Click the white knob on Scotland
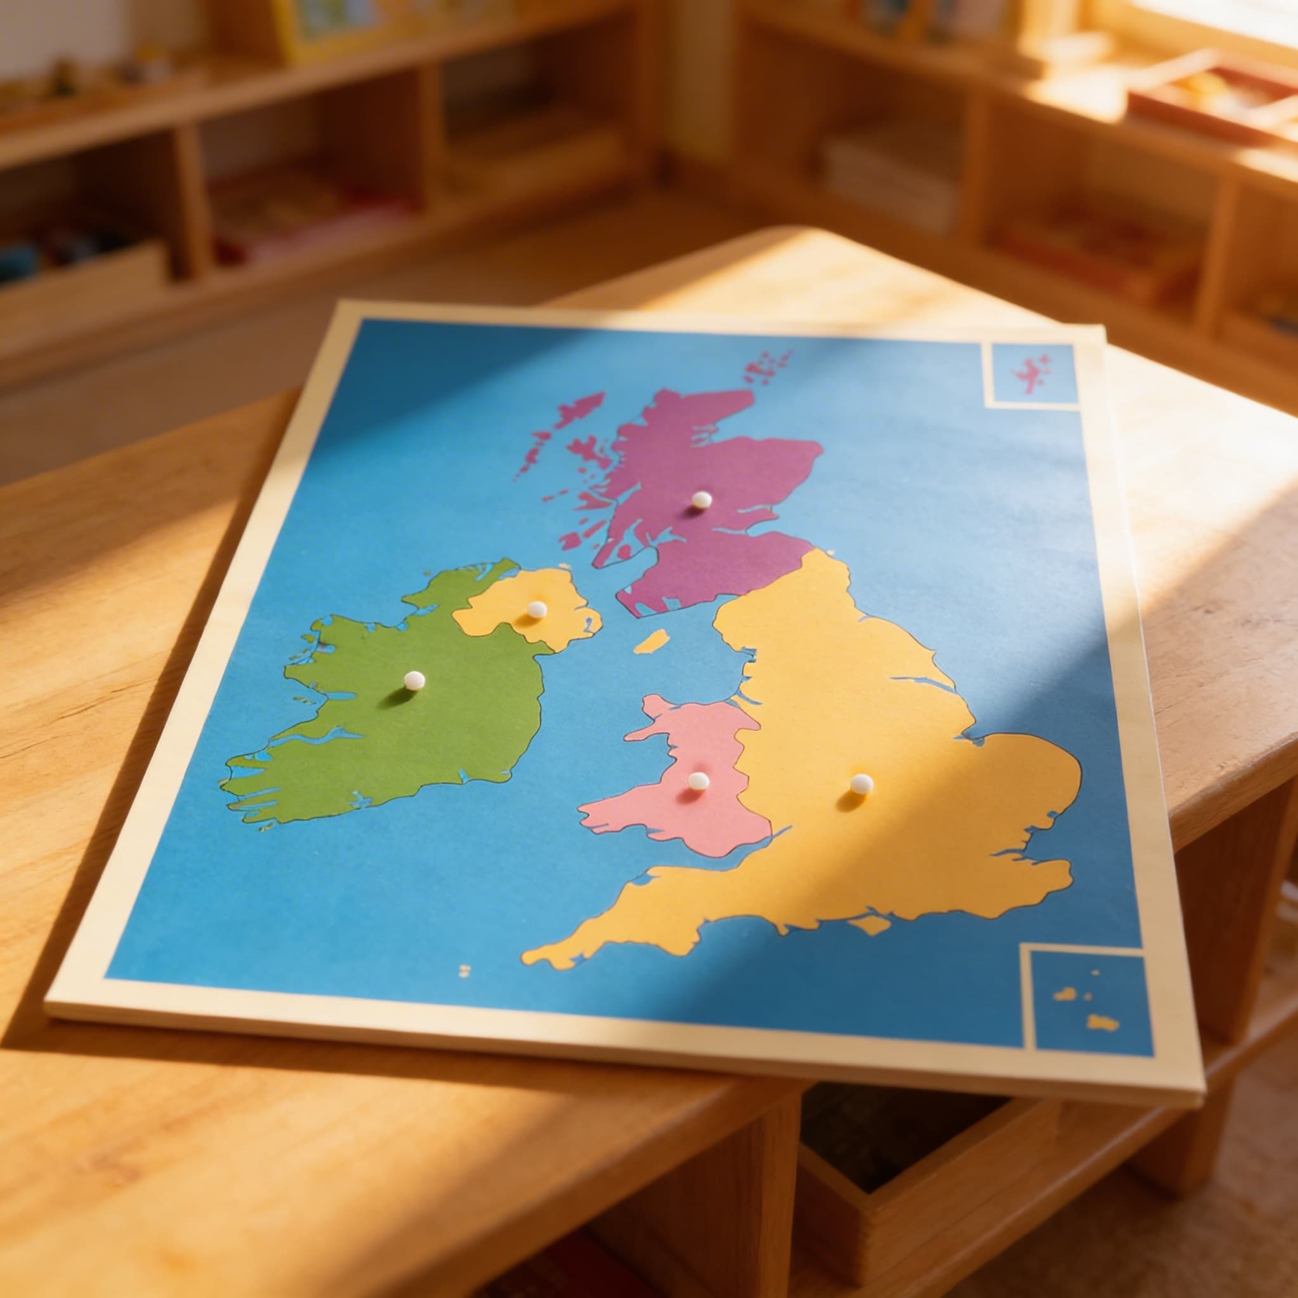click(702, 499)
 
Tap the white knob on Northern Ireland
click(536, 609)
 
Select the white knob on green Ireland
click(414, 681)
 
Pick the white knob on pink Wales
click(698, 781)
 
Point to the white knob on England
click(861, 783)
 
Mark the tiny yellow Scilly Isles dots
click(463, 970)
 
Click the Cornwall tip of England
click(537, 955)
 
